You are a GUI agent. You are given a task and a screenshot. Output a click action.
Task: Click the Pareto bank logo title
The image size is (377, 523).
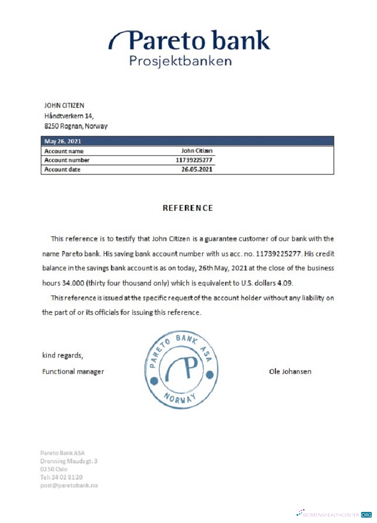coord(190,40)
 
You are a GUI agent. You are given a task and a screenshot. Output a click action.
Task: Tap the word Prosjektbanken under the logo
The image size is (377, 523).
coord(180,61)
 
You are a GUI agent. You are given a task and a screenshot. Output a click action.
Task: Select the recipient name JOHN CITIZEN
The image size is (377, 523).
coord(64,106)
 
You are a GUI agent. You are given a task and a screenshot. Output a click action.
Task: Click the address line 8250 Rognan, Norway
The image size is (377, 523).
coord(76,127)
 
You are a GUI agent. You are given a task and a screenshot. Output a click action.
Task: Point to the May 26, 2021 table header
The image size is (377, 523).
coord(63,141)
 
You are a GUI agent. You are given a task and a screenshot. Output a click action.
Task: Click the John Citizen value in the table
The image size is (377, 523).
coord(197,151)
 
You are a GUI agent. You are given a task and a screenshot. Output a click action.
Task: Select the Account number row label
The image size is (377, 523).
coord(67,160)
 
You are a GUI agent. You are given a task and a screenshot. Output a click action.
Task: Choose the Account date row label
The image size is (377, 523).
coord(63,169)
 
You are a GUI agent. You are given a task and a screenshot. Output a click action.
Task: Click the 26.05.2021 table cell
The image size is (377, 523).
coord(197,169)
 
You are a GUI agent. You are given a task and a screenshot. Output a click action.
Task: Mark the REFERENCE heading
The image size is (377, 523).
coord(188,208)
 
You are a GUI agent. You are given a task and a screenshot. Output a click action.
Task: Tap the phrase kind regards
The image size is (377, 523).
coord(62,356)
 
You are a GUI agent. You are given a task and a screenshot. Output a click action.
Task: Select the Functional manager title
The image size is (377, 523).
coord(73,372)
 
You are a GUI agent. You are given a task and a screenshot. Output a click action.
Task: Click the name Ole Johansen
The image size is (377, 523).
coord(290,372)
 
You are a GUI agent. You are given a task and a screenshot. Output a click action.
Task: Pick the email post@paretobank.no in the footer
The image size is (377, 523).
coord(69,485)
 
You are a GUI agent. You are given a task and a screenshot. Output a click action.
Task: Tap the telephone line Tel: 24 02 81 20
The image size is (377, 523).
coord(61,477)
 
